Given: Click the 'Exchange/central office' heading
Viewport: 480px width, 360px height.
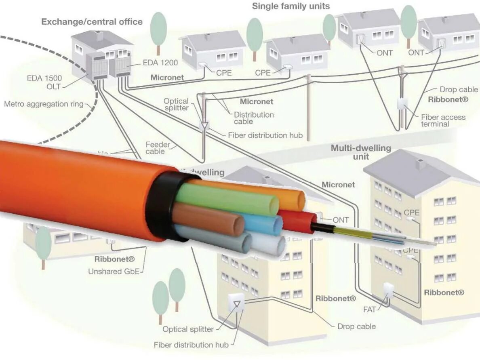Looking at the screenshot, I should pyautogui.click(x=92, y=21).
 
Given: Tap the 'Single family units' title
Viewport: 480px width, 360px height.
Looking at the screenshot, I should pyautogui.click(x=291, y=6).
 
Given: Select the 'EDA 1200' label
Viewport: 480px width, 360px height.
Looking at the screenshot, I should pyautogui.click(x=160, y=63).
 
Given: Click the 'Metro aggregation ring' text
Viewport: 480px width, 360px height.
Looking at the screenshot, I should pyautogui.click(x=44, y=104).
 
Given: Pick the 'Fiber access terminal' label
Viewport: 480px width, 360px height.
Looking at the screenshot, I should pyautogui.click(x=443, y=120).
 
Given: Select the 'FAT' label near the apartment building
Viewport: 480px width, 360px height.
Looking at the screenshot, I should pyautogui.click(x=370, y=310).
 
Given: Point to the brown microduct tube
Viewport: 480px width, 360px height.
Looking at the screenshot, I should pyautogui.click(x=210, y=218).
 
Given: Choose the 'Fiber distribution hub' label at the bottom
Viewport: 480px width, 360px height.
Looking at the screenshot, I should pyautogui.click(x=191, y=345).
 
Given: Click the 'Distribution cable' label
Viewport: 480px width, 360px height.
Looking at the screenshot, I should pyautogui.click(x=254, y=118).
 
